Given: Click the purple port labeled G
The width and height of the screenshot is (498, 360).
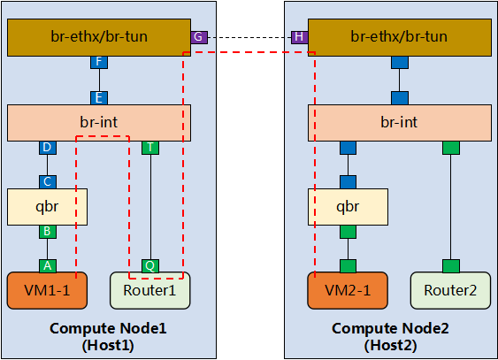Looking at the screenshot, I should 198,36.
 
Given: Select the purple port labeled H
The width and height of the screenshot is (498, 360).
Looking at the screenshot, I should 299,36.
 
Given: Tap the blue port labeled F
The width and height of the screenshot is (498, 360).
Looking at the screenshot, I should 98,63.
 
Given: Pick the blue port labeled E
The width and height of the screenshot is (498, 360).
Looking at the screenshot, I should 98,97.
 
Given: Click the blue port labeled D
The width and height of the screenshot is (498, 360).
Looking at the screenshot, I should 47,148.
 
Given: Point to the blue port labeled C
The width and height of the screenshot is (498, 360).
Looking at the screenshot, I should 47,181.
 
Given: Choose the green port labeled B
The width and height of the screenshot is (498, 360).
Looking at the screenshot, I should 47,232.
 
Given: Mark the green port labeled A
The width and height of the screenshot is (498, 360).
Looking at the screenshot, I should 47,265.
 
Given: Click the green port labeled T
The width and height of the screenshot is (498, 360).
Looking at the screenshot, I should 150,148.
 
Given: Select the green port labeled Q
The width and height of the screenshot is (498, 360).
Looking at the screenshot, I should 150,265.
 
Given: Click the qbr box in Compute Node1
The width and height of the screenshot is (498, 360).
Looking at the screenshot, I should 47,206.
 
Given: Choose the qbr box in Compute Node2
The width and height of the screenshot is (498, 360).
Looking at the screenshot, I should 349,206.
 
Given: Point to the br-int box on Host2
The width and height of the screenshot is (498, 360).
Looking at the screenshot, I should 398,122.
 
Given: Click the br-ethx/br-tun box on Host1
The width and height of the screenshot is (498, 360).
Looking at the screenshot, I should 98,36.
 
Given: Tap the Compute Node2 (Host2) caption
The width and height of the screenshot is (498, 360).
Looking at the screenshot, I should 390,336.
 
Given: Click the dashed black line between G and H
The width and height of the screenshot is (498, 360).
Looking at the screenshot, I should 249,36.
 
